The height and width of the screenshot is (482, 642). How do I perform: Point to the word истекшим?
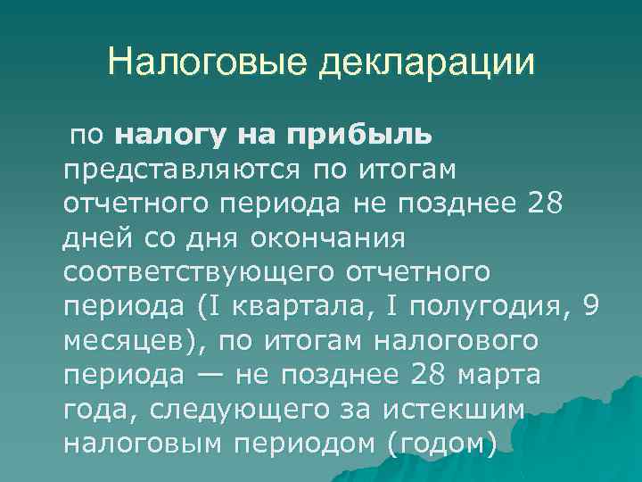pyautogui.click(x=456, y=408)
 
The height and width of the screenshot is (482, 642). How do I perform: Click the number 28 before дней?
pyautogui.click(x=547, y=204)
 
